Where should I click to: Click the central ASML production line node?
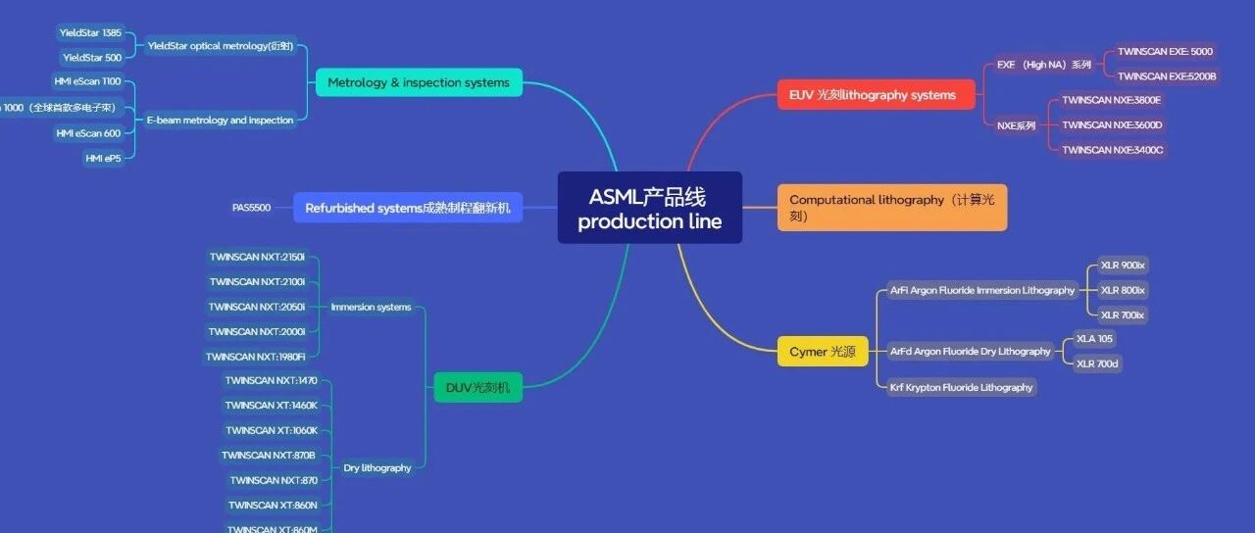coord(649,208)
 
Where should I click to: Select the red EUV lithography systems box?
coord(873,95)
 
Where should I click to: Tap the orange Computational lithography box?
coord(891,208)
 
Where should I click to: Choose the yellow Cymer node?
coord(822,351)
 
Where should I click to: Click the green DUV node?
coord(477,387)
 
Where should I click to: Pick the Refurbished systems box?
coord(407,208)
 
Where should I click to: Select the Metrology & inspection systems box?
coord(419,82)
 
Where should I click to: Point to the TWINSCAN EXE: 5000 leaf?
coord(1165,51)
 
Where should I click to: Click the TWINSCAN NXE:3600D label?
coord(1112,124)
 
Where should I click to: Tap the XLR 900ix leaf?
coord(1123,265)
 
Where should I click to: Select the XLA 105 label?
coord(1094,338)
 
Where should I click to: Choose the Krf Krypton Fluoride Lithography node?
coord(961,387)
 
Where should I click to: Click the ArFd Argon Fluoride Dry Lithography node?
coord(970,351)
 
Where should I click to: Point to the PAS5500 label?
coord(251,208)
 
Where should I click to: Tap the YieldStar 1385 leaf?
coord(90,32)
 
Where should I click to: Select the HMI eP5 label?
coord(103,158)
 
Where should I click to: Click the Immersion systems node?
coord(371,307)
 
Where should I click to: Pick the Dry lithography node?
coord(377,467)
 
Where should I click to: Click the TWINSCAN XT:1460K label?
coord(271,405)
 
